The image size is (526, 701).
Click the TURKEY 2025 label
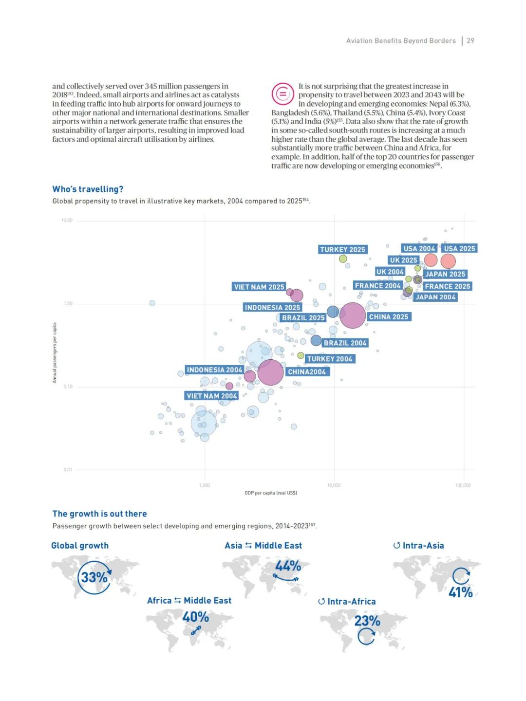[342, 250]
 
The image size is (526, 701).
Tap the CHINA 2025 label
[389, 317]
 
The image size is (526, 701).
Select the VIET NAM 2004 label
[212, 396]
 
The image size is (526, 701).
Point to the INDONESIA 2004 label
[214, 370]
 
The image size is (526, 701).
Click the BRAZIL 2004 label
[345, 343]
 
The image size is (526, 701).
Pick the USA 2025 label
[459, 249]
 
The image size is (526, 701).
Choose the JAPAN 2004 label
[435, 297]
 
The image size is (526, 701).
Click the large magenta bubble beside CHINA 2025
[352, 315]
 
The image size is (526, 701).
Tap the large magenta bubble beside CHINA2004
[270, 372]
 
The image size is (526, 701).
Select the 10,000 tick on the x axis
[334, 485]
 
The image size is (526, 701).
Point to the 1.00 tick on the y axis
[68, 304]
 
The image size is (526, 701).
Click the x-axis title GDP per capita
[271, 493]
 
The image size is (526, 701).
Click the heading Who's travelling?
[88, 189]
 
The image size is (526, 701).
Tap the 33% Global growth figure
[94, 577]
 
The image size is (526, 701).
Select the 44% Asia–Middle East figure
[288, 566]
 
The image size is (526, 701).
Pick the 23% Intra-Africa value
[367, 621]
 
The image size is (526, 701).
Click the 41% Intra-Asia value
[460, 592]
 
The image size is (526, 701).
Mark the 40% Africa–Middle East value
[195, 617]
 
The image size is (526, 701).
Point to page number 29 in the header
[470, 41]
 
